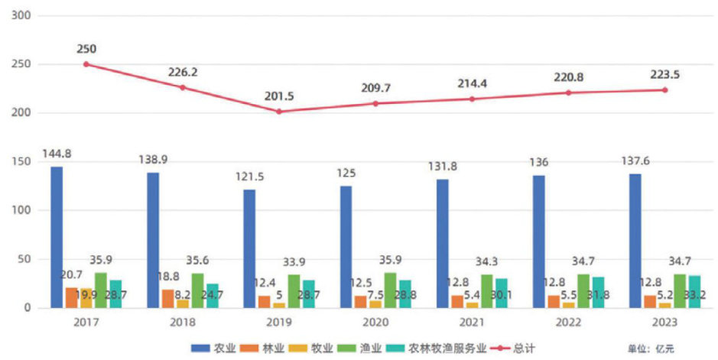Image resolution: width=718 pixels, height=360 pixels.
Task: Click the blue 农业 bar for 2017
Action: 57,237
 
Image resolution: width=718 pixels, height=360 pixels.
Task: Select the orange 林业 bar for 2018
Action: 167,299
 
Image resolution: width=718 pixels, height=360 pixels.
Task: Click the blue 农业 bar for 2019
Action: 249,248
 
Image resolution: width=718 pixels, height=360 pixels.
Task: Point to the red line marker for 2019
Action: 279,112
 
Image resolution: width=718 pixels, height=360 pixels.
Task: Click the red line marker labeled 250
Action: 86,64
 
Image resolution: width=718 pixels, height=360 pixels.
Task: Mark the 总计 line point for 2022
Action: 568,92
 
